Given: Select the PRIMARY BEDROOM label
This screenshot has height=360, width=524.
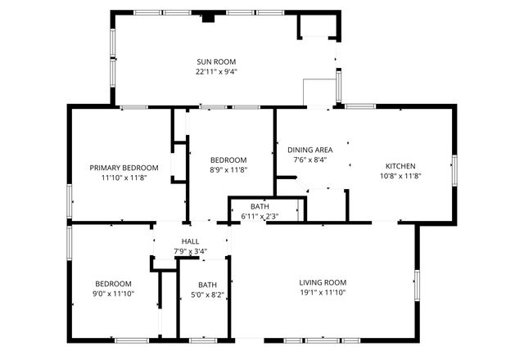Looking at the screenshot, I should pyautogui.click(x=124, y=168).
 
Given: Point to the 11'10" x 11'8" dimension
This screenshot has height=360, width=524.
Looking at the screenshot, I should pyautogui.click(x=124, y=177).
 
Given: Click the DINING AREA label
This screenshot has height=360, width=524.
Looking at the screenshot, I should pyautogui.click(x=309, y=151).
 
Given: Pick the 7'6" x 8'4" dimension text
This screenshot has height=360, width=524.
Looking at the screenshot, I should pyautogui.click(x=309, y=160).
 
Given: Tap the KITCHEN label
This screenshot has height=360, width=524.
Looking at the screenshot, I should pyautogui.click(x=400, y=166).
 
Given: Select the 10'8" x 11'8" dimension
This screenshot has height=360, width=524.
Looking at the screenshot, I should pyautogui.click(x=400, y=176).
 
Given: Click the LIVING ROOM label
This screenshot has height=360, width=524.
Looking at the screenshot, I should pyautogui.click(x=323, y=283).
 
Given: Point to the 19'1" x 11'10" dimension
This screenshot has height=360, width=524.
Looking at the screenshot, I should pyautogui.click(x=323, y=293).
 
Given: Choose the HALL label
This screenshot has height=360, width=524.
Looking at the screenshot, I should pyautogui.click(x=190, y=241).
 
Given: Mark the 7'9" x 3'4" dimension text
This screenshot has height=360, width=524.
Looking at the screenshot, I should pyautogui.click(x=190, y=251).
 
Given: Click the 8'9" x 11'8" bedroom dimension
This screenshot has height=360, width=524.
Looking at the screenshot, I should pyautogui.click(x=228, y=169).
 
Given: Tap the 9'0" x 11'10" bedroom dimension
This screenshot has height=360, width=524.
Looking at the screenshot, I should pyautogui.click(x=112, y=293).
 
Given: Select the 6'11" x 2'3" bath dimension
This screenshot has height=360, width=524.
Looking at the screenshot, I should pyautogui.click(x=260, y=216).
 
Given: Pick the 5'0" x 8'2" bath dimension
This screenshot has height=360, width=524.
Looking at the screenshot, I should pyautogui.click(x=207, y=295).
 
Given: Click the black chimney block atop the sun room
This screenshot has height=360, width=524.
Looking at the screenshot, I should pyautogui.click(x=208, y=16).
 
